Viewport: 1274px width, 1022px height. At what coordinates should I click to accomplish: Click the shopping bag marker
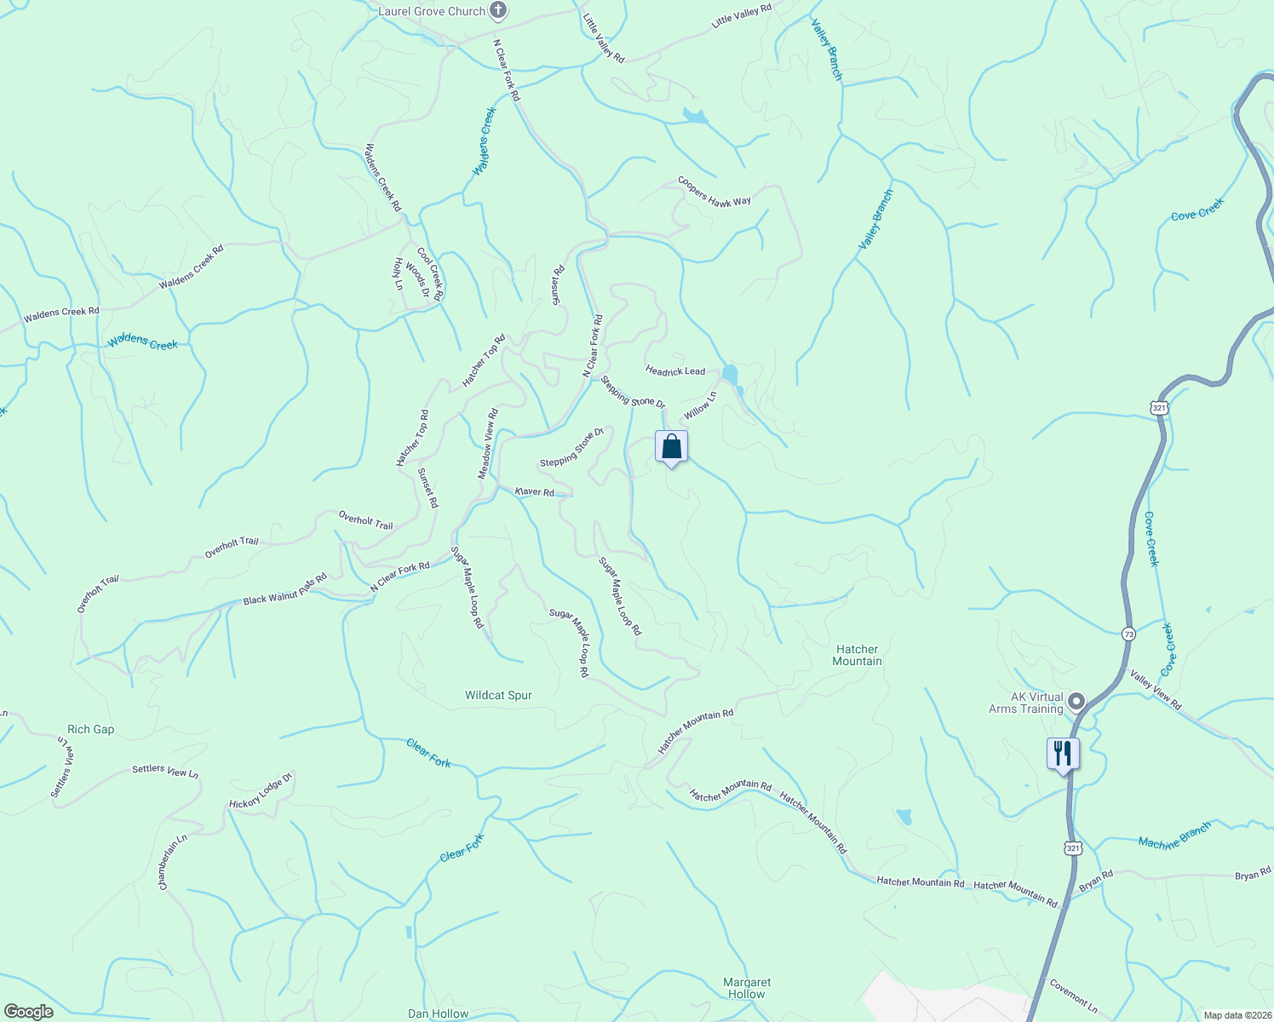[x=671, y=447]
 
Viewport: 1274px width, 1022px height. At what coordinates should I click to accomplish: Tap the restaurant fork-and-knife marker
[x=1062, y=754]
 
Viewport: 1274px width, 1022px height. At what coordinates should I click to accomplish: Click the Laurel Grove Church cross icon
[x=499, y=11]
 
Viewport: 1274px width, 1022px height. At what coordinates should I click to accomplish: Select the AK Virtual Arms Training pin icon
[x=1076, y=702]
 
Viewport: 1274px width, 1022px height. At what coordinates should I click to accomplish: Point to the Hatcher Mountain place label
[x=857, y=655]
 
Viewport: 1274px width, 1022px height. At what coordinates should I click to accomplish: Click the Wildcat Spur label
[x=498, y=695]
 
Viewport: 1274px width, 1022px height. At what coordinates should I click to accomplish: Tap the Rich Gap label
[x=90, y=729]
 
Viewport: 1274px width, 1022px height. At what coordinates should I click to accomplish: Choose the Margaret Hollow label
[x=747, y=988]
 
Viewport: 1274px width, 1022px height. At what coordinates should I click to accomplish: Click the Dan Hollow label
[x=438, y=1013]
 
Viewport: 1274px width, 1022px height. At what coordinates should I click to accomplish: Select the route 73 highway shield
[x=1128, y=634]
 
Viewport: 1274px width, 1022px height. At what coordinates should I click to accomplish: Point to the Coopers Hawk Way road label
[x=714, y=191]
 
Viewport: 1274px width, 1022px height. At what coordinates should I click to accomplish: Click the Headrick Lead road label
[x=675, y=370]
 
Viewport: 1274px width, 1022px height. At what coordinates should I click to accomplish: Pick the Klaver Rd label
[x=535, y=491]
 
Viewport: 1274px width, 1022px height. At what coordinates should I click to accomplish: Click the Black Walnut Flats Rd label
[x=284, y=589]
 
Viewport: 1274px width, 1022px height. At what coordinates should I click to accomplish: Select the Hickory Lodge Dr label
[x=261, y=790]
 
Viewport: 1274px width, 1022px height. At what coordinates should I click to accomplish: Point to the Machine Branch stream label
[x=1174, y=837]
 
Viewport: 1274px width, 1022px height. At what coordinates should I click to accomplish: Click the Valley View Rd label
[x=1156, y=690]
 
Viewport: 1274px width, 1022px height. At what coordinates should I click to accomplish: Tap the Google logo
[x=29, y=1012]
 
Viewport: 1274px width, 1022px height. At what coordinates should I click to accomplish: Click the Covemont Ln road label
[x=1073, y=995]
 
